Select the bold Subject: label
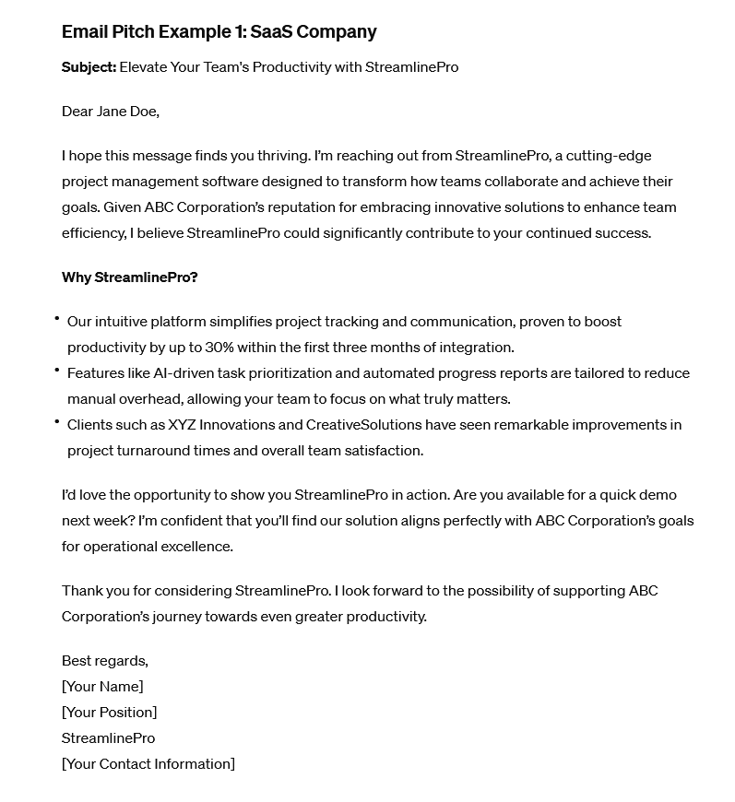coord(89,67)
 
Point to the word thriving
coord(280,156)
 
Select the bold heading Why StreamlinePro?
coord(130,277)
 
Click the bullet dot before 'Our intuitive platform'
coord(57,318)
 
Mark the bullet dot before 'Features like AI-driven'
coord(57,370)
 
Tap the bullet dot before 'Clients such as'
coord(57,421)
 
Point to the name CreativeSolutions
coord(364,425)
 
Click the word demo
coord(660,495)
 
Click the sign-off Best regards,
coord(105,661)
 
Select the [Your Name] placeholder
coord(102,687)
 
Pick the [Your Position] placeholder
coord(109,713)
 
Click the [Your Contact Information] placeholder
coord(148,764)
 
